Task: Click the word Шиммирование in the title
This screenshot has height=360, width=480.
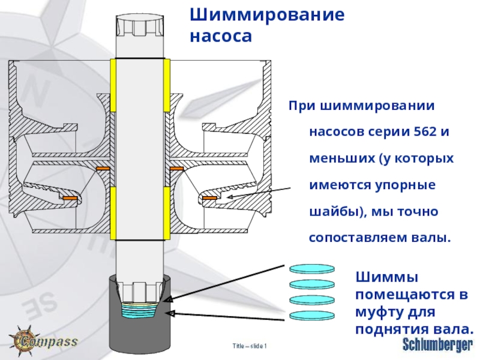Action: tap(268, 15)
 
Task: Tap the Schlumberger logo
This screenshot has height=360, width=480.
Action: tap(437, 344)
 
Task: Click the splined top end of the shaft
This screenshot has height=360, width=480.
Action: tap(139, 27)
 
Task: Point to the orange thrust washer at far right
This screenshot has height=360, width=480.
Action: tap(210, 197)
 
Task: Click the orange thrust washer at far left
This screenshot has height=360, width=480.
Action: tap(67, 197)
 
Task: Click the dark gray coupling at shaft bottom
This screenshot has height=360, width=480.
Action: tap(139, 333)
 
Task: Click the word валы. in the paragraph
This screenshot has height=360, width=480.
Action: tap(429, 238)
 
